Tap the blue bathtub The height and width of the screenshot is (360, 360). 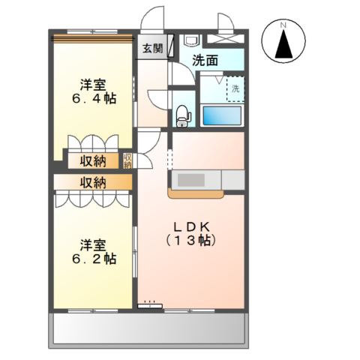[x=222, y=115]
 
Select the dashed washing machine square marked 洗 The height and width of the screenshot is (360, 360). [x=234, y=88]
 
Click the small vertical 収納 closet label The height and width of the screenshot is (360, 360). [x=128, y=160]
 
